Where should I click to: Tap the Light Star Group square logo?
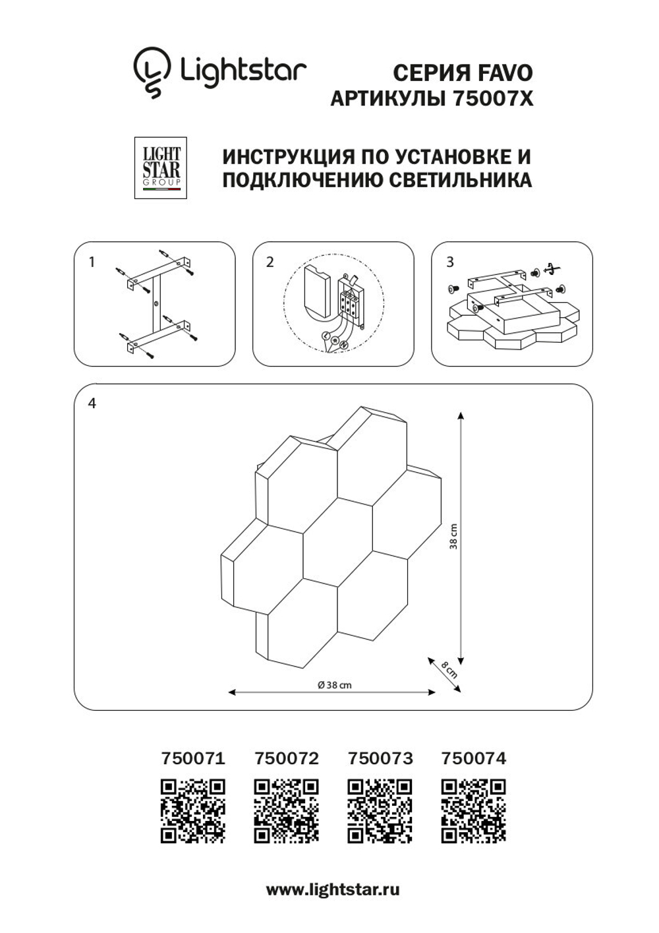point(161,167)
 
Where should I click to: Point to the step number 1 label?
point(92,262)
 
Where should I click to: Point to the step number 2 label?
point(270,262)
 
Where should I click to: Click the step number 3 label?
point(449,262)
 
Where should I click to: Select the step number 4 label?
point(92,403)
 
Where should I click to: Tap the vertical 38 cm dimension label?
point(453,537)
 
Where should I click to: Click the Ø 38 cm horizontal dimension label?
point(334,684)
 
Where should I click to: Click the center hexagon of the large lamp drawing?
point(337,541)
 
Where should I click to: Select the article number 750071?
point(193,758)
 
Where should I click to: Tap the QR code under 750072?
point(287,811)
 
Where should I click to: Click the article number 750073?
point(380,758)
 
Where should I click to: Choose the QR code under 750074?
point(473,811)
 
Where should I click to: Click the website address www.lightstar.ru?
point(333,889)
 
